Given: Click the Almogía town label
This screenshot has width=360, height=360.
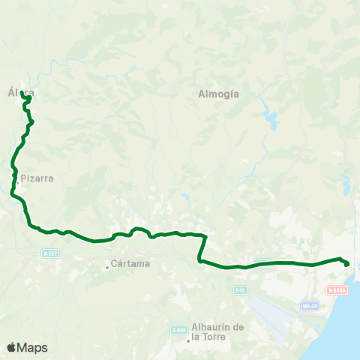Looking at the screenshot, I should pyautogui.click(x=218, y=94).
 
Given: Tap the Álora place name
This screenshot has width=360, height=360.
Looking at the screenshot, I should pyautogui.click(x=21, y=92).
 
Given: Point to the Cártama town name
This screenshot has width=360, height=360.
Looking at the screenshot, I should pyautogui.click(x=130, y=263).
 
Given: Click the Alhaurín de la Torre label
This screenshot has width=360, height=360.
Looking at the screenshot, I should pyautogui.click(x=218, y=331).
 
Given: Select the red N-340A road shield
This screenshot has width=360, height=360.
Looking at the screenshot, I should pyautogui.click(x=337, y=289).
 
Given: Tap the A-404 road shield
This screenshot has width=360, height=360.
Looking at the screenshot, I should pyautogui.click(x=178, y=330).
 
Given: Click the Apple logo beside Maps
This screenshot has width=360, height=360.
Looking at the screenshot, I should pyautogui.click(x=11, y=347).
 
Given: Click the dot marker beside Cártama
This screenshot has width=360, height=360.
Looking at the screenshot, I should pyautogui.click(x=107, y=264).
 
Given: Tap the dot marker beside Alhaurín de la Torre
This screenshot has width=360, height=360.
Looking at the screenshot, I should pyautogui.click(x=188, y=342).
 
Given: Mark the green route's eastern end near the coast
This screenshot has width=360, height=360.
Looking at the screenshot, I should pyautogui.click(x=346, y=263).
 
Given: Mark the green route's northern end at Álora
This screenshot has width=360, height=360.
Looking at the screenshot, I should pyautogui.click(x=28, y=97).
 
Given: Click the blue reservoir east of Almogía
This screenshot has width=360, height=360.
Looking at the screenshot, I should pyautogui.click(x=268, y=118).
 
